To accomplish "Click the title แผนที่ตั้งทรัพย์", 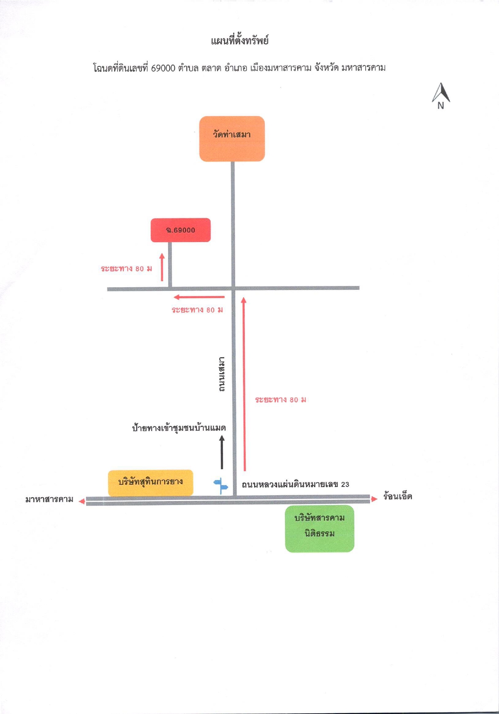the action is [240, 40].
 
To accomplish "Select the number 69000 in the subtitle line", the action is [163, 68].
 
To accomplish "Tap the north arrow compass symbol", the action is [441, 96].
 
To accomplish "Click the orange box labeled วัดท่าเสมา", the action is [232, 139].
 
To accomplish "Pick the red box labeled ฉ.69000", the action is [181, 230].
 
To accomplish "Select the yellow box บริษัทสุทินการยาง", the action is [151, 483].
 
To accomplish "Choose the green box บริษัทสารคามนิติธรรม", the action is [319, 529].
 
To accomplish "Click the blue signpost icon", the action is [221, 486].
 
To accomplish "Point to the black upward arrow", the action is [222, 452].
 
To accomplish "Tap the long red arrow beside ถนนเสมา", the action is [244, 384].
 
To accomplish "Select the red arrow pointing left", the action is [199, 297].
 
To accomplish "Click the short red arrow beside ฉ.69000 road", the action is [162, 267].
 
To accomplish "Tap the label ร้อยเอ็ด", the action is [397, 497].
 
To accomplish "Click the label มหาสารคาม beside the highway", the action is [49, 499].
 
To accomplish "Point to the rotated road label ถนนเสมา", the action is [222, 375].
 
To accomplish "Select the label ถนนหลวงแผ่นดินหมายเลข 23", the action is [295, 484].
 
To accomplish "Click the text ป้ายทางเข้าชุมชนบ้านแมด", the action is [179, 428].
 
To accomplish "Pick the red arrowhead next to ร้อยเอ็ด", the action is [374, 499].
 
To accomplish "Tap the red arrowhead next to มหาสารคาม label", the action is [82, 501].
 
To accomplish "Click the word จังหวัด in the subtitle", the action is [326, 68].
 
